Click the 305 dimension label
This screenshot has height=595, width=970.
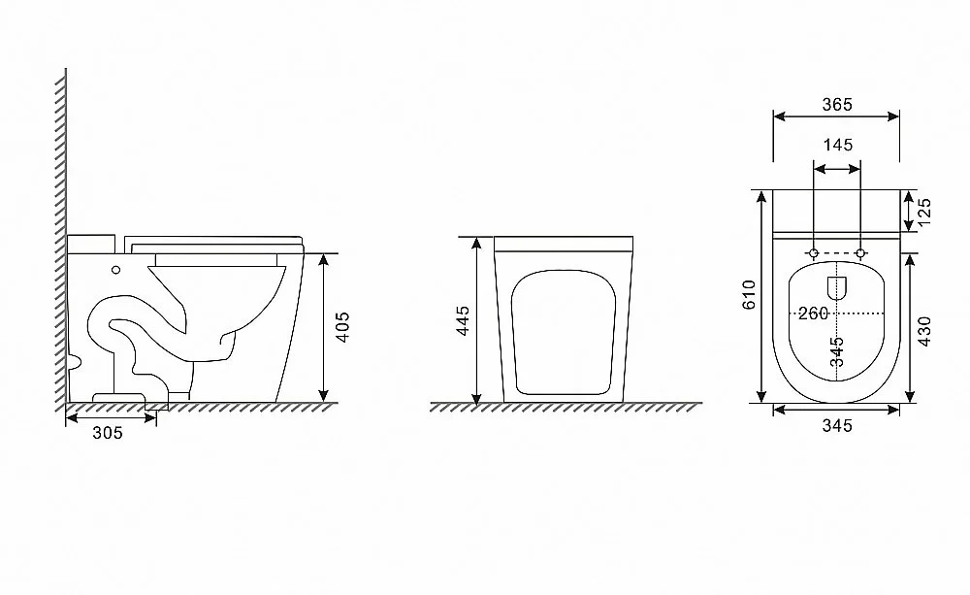108,433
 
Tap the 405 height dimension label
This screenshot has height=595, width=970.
342,327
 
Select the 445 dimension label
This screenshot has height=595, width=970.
463,320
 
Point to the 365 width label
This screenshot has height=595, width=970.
837,105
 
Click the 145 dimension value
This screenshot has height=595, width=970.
838,145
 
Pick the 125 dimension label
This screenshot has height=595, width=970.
923,213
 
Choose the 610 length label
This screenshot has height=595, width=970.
749,295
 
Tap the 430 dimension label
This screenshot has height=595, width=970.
923,331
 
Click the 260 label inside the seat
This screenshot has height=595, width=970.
813,314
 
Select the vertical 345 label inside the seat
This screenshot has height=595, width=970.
837,351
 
